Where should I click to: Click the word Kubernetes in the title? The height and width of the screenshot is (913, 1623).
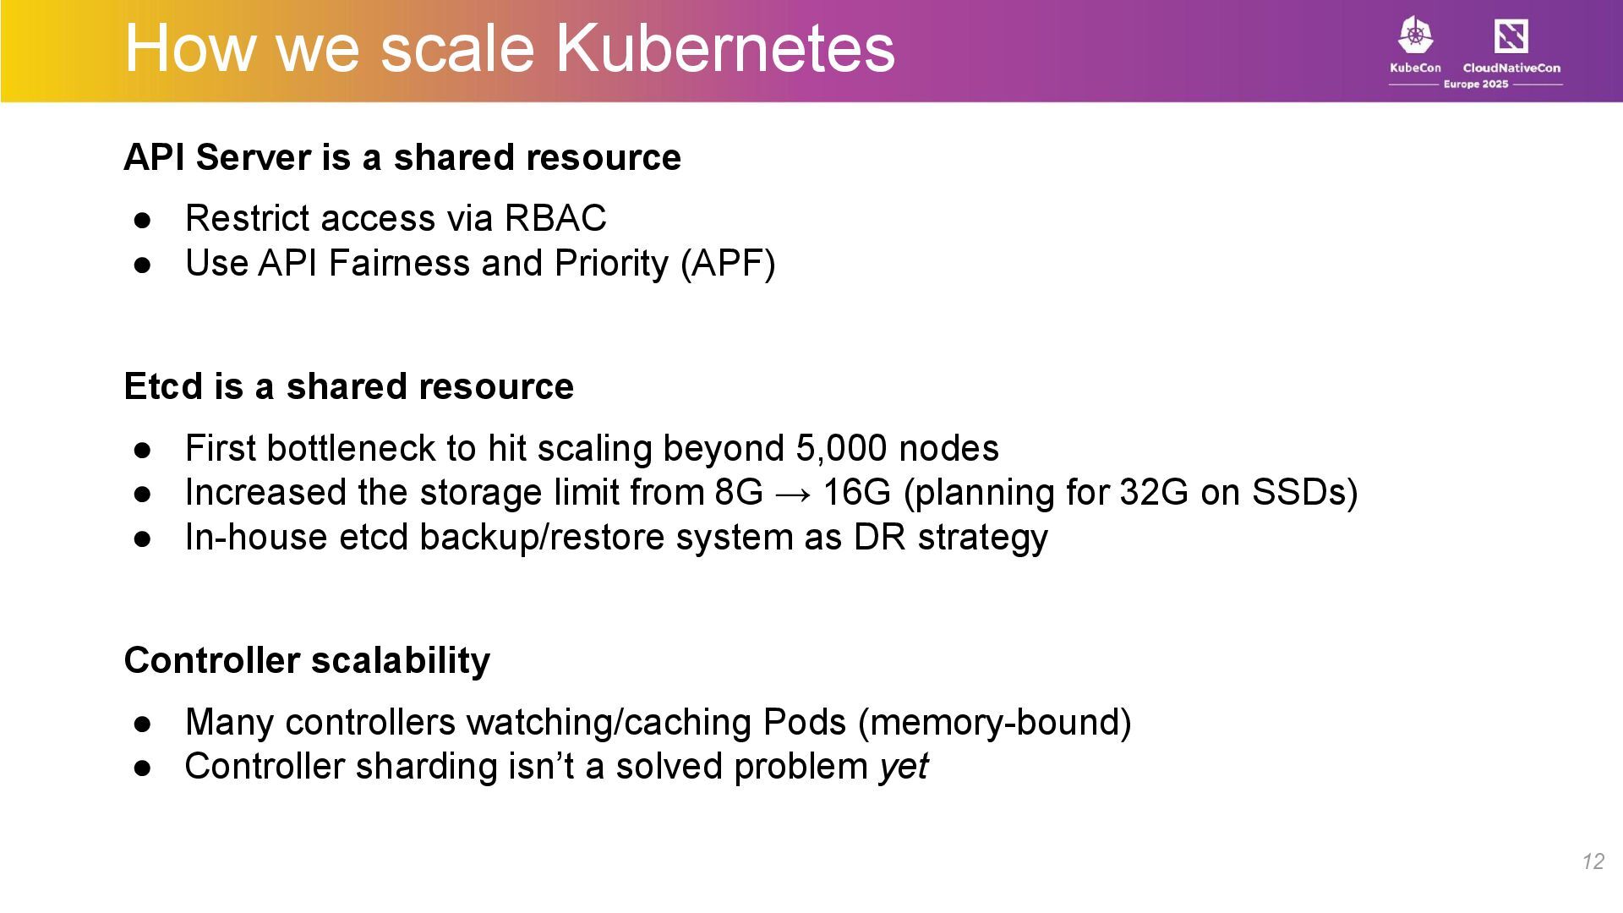click(724, 48)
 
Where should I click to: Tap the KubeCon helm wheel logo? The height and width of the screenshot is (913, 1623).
click(1415, 36)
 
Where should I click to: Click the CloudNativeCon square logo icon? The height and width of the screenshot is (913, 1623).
click(1511, 36)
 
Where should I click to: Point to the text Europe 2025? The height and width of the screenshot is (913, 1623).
click(1475, 85)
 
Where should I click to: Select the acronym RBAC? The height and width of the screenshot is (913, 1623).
click(555, 218)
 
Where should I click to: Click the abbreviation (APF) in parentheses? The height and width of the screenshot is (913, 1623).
click(728, 263)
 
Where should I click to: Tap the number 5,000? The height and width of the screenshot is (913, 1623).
click(842, 448)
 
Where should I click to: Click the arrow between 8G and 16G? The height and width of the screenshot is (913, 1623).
click(793, 493)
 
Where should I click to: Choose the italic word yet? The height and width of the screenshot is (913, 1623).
click(904, 767)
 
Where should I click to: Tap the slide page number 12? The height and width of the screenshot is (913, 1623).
click(1593, 861)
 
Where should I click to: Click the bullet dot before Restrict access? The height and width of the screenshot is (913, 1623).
click(142, 220)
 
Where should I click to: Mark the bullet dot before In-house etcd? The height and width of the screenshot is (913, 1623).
click(142, 539)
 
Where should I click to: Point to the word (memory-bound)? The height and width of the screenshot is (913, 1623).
click(994, 722)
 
